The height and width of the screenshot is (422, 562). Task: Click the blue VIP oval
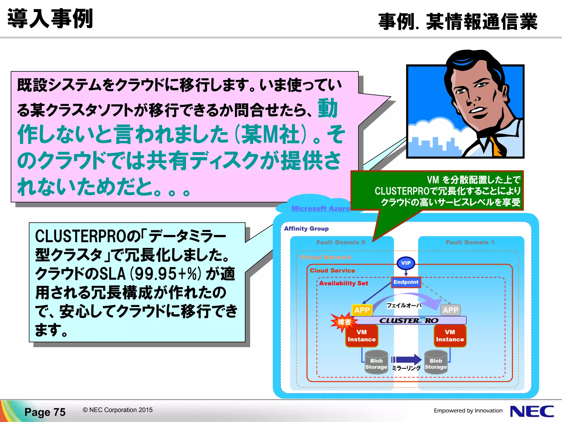point(406,263)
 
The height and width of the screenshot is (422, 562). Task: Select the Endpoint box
point(406,282)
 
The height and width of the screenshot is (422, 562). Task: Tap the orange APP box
point(362,310)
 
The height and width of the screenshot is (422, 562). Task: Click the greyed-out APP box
point(450,310)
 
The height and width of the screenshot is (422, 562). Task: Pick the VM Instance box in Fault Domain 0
point(362,336)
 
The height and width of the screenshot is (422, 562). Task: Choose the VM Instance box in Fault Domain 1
point(450,336)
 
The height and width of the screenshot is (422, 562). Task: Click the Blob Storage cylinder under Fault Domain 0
point(376,362)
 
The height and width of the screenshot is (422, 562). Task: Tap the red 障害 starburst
point(344,322)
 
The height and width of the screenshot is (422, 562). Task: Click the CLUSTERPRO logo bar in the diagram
point(409,320)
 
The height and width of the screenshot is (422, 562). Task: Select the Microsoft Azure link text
point(321,209)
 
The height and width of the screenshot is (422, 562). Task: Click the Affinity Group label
point(306,229)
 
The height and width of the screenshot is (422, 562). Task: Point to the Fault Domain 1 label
point(470,242)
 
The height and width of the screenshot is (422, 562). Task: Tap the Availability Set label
point(344,283)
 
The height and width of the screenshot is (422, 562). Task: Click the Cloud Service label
point(332,271)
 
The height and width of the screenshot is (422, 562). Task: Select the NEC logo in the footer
point(532,411)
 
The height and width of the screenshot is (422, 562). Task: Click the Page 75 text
point(45,412)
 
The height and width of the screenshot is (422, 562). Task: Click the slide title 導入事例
point(50,19)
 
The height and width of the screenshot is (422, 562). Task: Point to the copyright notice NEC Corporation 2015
point(118,410)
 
